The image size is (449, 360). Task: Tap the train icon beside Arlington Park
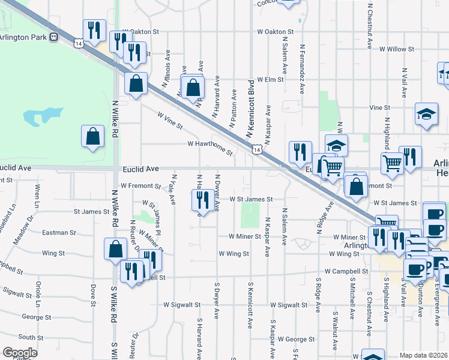(54, 37)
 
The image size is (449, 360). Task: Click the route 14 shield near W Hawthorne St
(256, 148)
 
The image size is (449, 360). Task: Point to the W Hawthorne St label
(209, 144)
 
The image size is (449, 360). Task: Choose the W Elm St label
(270, 79)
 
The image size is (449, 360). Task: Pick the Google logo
(20, 353)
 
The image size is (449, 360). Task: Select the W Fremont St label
(140, 186)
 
